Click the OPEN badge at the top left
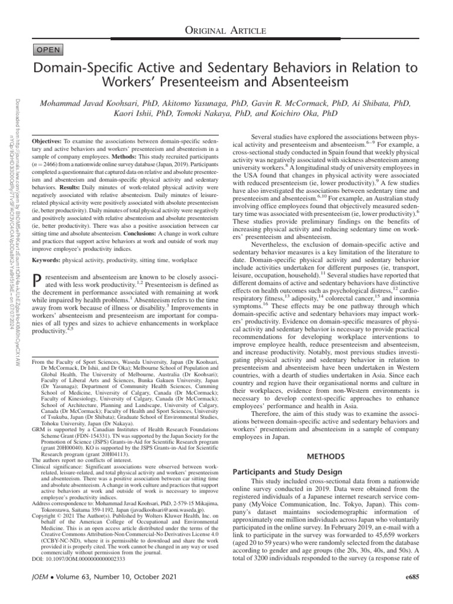[x=52, y=49]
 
